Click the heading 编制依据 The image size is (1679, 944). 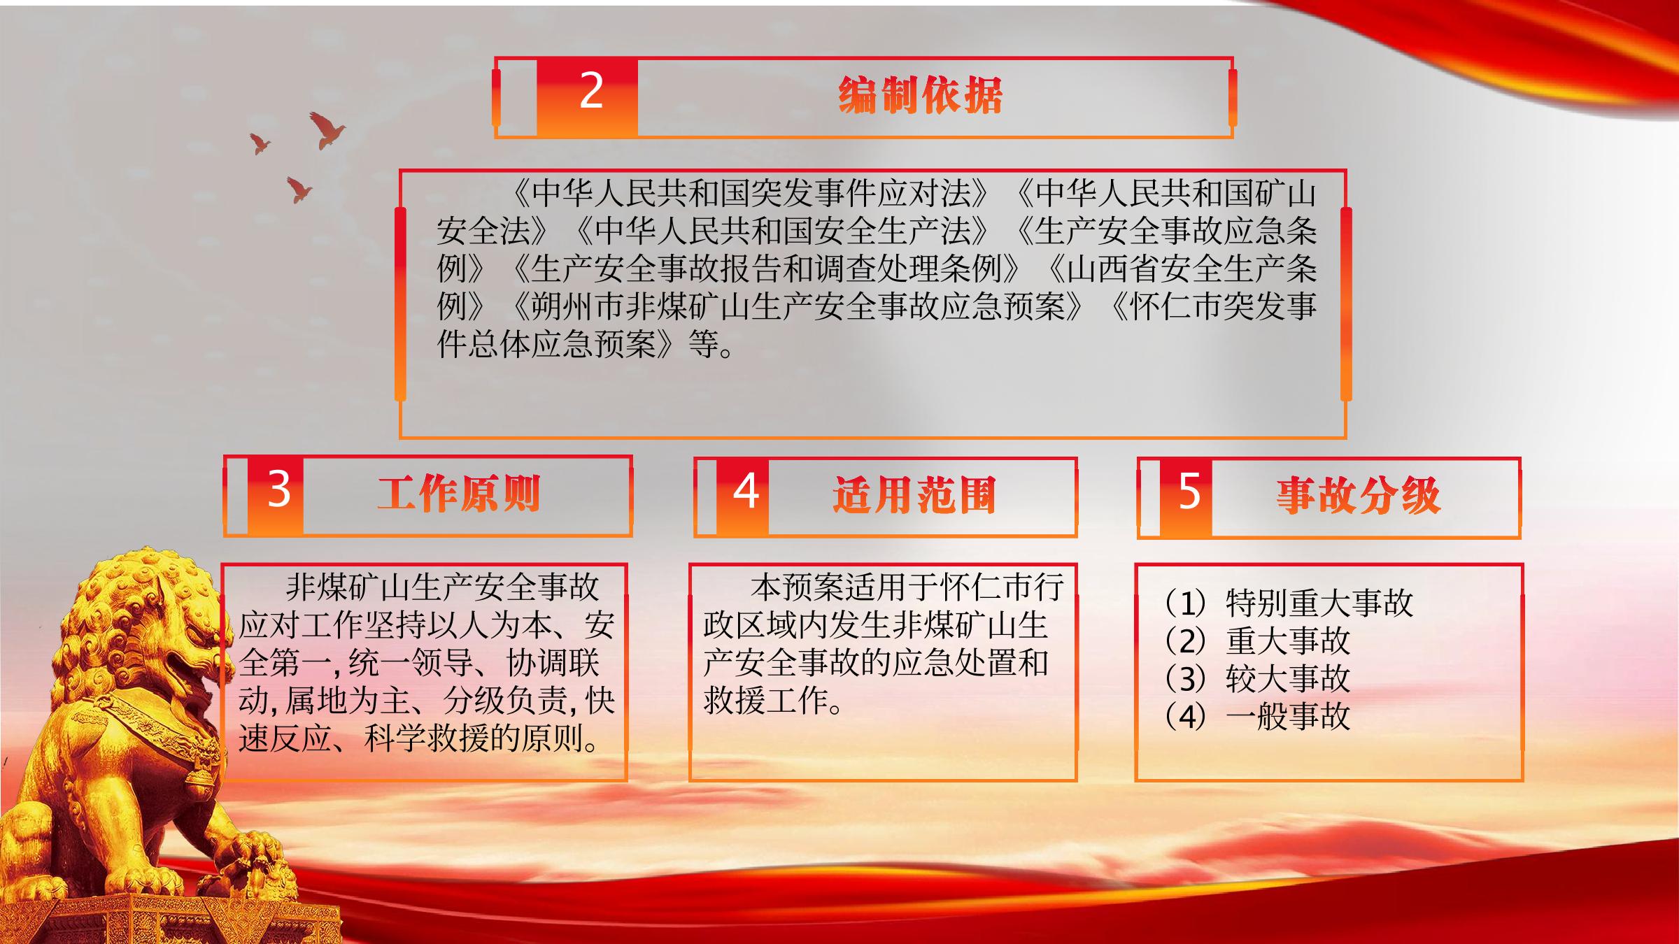(x=921, y=95)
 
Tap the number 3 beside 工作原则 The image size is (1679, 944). (x=278, y=489)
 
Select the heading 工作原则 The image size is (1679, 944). (x=459, y=493)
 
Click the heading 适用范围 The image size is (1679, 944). (x=914, y=495)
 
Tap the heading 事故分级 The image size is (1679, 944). (x=1358, y=495)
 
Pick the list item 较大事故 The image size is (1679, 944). (x=1288, y=678)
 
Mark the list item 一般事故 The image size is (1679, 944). (x=1288, y=716)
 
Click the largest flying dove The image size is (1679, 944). (x=326, y=130)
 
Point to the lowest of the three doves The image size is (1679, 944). (x=299, y=189)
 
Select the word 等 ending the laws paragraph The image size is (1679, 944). (x=703, y=344)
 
